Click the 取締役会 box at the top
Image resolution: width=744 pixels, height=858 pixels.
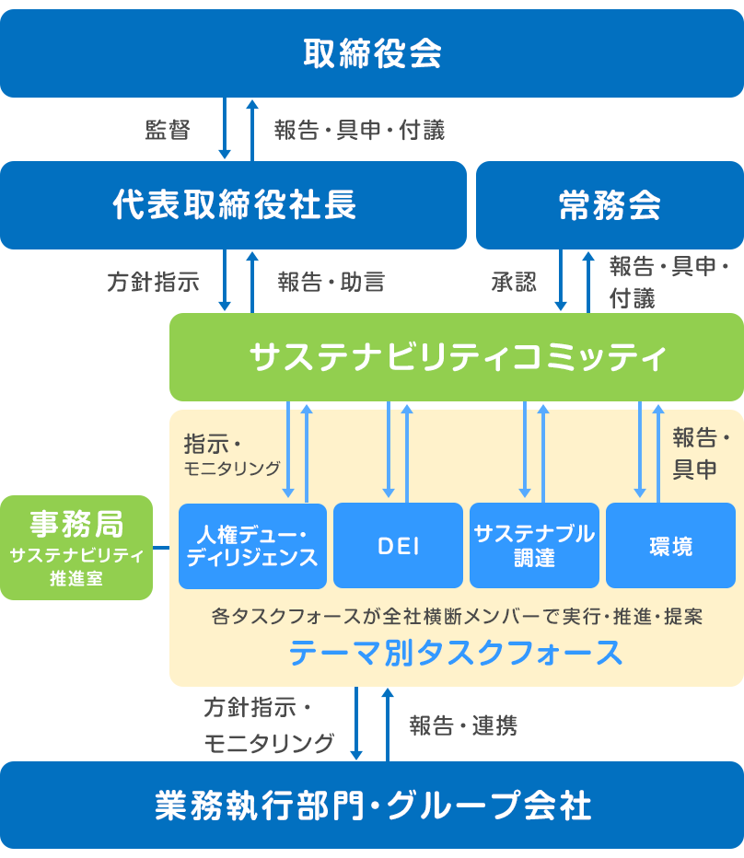[x=372, y=53]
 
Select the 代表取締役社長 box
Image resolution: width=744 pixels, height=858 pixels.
[x=234, y=205]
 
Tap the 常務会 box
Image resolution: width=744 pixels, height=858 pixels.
[x=610, y=205]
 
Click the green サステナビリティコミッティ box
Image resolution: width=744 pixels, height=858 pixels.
[x=457, y=357]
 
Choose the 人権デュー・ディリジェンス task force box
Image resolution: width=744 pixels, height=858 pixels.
[x=252, y=546]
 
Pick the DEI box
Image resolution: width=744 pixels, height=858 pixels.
[x=397, y=546]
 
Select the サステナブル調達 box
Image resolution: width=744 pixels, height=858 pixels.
[x=534, y=546]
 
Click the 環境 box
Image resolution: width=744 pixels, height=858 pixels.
[x=670, y=546]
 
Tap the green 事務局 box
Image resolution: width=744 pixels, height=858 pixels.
[x=76, y=548]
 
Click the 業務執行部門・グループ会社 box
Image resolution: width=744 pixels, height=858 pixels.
[x=372, y=806]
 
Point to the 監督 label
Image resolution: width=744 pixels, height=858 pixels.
[x=168, y=130]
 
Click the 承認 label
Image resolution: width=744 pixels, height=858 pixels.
[x=514, y=282]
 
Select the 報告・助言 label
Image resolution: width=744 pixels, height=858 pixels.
[x=331, y=282]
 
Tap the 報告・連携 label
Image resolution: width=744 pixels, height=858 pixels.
[x=463, y=725]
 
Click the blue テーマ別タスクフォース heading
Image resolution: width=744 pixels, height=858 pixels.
[x=456, y=653]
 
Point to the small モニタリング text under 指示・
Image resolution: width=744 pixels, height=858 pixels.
[x=233, y=469]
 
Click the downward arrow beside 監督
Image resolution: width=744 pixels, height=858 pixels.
[x=224, y=129]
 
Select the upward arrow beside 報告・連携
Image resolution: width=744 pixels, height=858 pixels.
[x=387, y=724]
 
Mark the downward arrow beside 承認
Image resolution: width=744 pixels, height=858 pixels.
[x=560, y=282]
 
